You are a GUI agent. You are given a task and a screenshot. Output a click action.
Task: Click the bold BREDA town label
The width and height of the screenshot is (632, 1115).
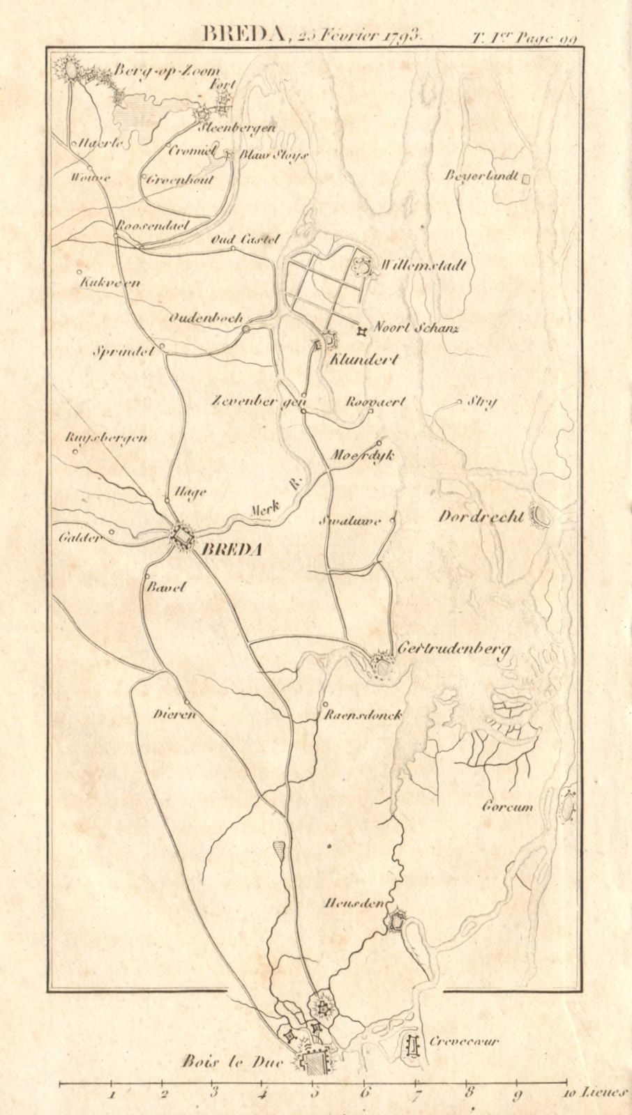(x=231, y=550)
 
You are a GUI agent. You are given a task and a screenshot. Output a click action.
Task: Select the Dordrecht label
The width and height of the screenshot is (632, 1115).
(x=481, y=517)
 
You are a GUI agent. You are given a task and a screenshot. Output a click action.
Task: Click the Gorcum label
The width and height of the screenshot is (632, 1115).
(x=507, y=808)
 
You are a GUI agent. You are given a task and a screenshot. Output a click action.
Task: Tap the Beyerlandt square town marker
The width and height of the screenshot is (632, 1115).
(x=527, y=178)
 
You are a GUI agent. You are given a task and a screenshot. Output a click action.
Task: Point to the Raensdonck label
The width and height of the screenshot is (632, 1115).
(x=363, y=715)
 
